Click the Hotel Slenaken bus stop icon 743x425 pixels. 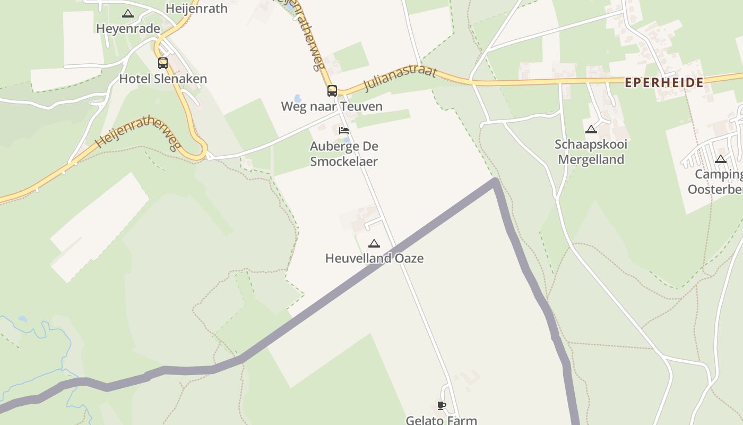click(163, 63)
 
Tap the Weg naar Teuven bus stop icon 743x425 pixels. click(332, 91)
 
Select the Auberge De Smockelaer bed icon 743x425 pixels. click(344, 131)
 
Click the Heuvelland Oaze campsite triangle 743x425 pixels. click(374, 244)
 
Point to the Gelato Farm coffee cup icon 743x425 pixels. click(441, 406)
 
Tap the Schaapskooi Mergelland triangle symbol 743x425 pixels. click(591, 129)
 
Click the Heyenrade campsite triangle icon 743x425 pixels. click(127, 14)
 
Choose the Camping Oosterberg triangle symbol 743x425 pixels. click(720, 159)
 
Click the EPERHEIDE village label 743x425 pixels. click(664, 82)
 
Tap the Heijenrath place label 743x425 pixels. click(196, 8)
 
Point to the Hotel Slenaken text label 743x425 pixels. click(163, 79)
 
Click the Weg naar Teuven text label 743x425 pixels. click(332, 106)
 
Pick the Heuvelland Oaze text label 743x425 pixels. click(374, 259)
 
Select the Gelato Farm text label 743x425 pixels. click(441, 420)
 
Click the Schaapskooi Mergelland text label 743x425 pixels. click(591, 152)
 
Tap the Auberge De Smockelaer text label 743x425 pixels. click(344, 154)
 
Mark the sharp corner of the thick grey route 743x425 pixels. click(495, 182)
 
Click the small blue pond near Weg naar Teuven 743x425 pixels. click(298, 98)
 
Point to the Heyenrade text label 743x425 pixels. click(128, 29)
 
